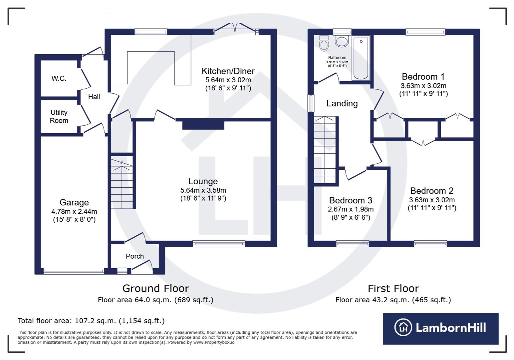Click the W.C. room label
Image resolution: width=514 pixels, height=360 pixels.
pyautogui.click(x=59, y=79)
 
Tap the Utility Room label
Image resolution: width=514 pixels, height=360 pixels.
pyautogui.click(x=59, y=117)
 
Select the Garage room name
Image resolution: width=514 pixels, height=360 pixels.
pyautogui.click(x=74, y=202)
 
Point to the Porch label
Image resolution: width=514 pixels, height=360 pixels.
pyautogui.click(x=134, y=256)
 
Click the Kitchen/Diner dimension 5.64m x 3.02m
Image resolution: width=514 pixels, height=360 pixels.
pyautogui.click(x=228, y=80)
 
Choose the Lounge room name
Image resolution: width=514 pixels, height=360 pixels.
pyautogui.click(x=203, y=181)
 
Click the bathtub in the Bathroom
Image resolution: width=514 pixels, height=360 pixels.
pyautogui.click(x=361, y=58)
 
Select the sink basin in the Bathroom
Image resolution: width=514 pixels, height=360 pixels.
pyautogui.click(x=342, y=41)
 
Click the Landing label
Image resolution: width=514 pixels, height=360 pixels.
pyautogui.click(x=342, y=103)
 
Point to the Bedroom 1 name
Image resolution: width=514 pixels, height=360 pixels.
pyautogui.click(x=423, y=77)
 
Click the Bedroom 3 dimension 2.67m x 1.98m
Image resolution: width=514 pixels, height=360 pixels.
pyautogui.click(x=351, y=209)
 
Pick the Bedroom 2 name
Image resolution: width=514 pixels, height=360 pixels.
pyautogui.click(x=432, y=191)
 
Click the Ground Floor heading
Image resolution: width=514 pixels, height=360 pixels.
pyautogui.click(x=155, y=288)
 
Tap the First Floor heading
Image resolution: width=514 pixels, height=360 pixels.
pyautogui.click(x=393, y=288)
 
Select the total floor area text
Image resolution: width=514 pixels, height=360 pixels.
pyautogui.click(x=91, y=321)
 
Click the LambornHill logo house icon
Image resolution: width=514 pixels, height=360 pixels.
pyautogui.click(x=403, y=327)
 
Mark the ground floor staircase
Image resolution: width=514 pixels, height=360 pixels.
pyautogui.click(x=122, y=183)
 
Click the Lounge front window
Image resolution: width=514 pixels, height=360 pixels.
pyautogui.click(x=219, y=244)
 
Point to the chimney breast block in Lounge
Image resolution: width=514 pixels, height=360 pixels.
pyautogui.click(x=203, y=125)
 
